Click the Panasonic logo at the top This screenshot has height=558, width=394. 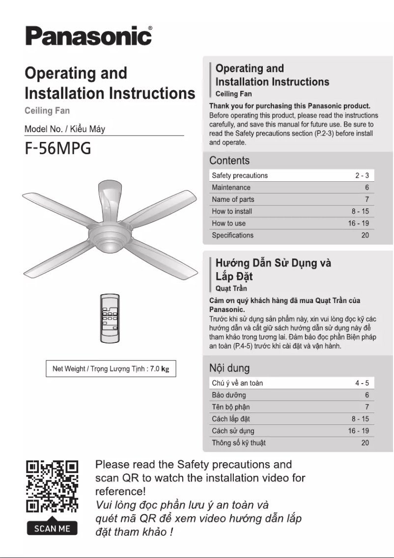[88, 36]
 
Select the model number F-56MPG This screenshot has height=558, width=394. [58, 148]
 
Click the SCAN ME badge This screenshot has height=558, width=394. [52, 529]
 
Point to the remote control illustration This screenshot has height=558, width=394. [111, 318]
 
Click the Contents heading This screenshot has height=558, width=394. [229, 161]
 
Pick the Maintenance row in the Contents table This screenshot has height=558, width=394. [231, 188]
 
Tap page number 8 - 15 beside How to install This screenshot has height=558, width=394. [360, 211]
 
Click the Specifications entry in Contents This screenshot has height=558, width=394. [232, 235]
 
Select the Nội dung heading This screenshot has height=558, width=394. [229, 368]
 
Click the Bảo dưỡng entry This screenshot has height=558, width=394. [229, 395]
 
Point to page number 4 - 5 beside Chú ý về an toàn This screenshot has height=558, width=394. [362, 383]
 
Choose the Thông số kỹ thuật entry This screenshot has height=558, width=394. [239, 443]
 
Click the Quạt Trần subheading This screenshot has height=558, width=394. [231, 288]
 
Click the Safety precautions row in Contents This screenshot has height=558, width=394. [240, 175]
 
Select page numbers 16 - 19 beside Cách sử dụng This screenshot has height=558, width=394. [359, 431]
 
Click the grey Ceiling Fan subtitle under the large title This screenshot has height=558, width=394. [47, 111]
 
